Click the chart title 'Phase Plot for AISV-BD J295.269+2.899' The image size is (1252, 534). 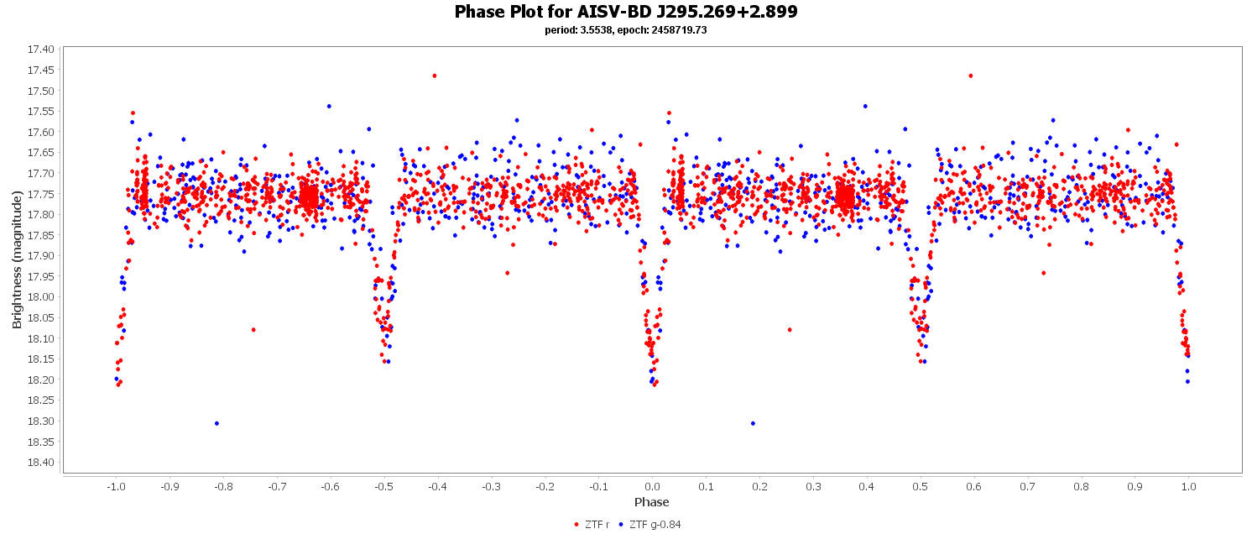coord(625,12)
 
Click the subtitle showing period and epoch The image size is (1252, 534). coord(625,30)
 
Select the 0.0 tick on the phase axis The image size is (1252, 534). coord(652,486)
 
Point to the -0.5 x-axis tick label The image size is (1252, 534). coord(383,486)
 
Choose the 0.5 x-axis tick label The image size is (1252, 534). coord(921,486)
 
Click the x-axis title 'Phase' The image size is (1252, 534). coord(652,502)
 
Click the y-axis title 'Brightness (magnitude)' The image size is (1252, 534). coord(18,259)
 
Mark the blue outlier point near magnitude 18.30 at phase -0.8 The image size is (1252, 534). coord(216,423)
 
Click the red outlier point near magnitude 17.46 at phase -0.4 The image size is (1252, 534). coord(434,76)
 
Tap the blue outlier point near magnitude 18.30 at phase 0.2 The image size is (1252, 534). coord(753,423)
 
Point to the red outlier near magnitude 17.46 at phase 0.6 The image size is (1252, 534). coord(970,76)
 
